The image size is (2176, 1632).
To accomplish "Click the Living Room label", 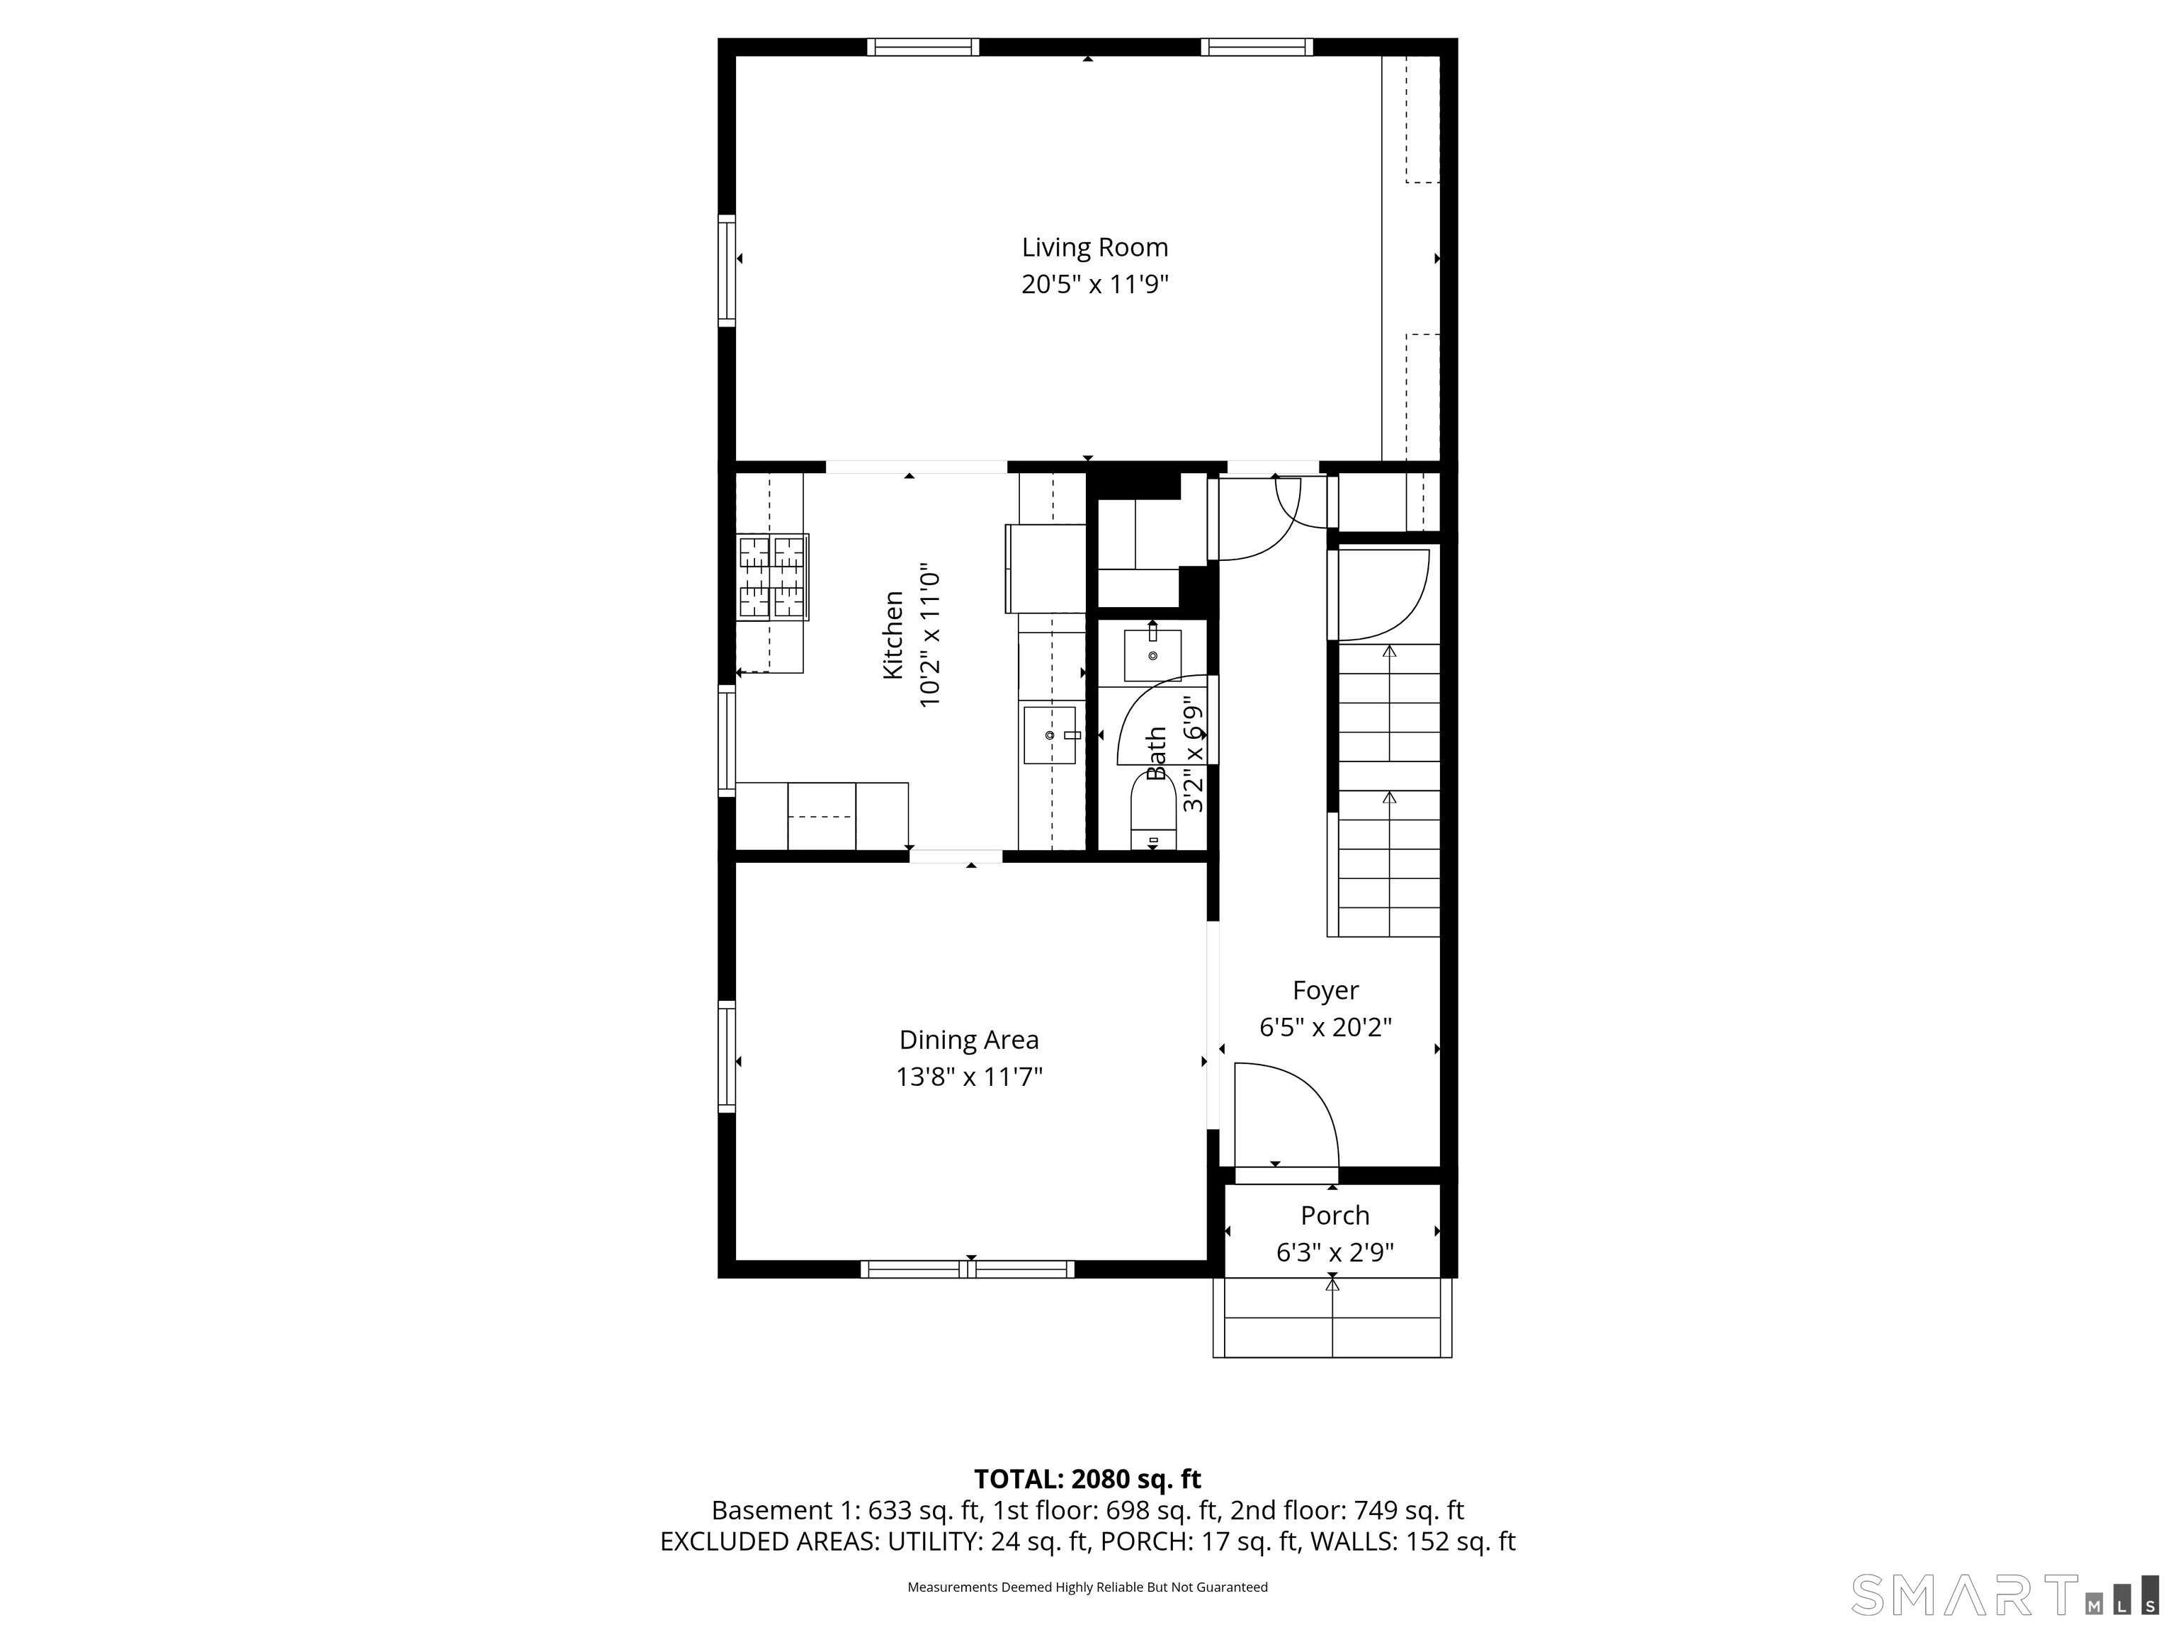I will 1094,248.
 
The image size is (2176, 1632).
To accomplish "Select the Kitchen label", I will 893,635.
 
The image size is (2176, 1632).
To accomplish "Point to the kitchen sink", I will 1050,735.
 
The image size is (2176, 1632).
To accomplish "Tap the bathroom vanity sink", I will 1152,655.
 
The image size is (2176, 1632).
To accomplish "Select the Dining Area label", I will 968,1040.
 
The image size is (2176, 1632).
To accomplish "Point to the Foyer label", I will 1325,991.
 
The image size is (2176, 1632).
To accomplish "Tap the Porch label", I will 1334,1216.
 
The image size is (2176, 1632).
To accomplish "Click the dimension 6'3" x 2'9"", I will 1334,1253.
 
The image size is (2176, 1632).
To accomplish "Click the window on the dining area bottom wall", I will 967,1269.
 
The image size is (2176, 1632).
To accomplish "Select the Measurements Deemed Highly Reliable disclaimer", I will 1087,1587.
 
